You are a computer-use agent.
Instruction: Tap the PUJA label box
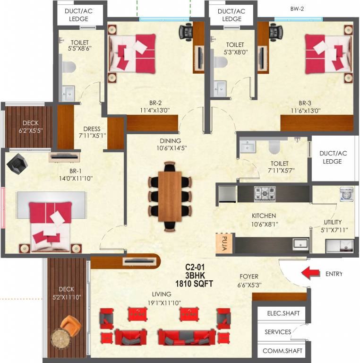tap(222, 242)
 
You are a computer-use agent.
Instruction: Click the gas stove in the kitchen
tap(265, 193)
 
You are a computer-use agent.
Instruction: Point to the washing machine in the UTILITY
tap(346, 195)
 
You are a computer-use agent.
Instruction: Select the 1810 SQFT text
tap(194, 284)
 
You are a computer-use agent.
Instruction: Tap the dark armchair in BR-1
tap(18, 163)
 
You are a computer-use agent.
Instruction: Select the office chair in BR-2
tap(186, 32)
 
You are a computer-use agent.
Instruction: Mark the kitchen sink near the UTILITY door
tap(300, 244)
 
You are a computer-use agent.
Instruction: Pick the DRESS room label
tap(92, 129)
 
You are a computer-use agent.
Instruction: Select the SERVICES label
tap(278, 332)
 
